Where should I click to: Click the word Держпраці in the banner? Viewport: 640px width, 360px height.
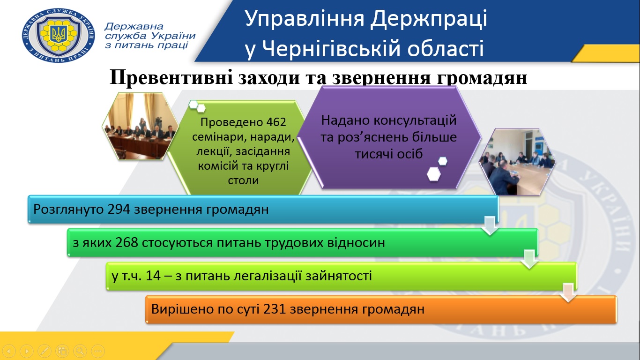[x=429, y=19]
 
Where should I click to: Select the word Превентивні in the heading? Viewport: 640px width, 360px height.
[x=171, y=77]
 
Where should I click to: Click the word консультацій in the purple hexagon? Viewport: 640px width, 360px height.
[x=415, y=120]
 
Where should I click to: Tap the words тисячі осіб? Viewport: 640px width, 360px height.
[x=389, y=154]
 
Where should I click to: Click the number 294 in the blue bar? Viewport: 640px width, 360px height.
[x=119, y=210]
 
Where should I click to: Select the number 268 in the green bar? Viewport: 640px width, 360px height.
[x=127, y=243]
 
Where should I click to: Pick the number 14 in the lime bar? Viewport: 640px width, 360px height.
[x=153, y=276]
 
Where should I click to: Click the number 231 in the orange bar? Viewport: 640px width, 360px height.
[x=275, y=309]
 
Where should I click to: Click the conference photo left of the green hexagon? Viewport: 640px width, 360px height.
[x=140, y=126]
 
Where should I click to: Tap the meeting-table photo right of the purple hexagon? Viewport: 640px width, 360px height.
[x=517, y=162]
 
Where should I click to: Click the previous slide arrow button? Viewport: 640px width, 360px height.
[x=9, y=351]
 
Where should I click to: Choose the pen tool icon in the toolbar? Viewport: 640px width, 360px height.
[x=45, y=351]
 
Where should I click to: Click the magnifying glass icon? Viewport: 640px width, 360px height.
[x=80, y=351]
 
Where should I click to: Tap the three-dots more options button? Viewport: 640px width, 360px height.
[x=98, y=351]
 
